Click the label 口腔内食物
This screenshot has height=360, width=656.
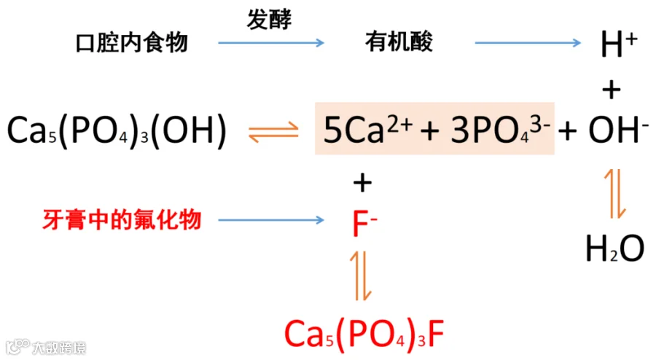pos(132,42)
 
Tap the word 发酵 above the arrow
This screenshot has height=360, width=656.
pos(269,20)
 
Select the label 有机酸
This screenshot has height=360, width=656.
pos(399,42)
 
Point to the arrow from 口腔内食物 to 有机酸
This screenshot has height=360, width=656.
pos(270,43)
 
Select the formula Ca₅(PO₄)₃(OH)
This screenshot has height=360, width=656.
pos(117,131)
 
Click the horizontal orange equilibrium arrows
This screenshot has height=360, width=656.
pos(273,132)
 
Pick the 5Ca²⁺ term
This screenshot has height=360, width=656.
pos(368,131)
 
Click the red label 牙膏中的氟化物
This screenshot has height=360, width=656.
pos(120,219)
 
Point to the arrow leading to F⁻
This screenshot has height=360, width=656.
pos(270,220)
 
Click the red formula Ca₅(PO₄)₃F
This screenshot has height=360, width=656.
pos(364,334)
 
